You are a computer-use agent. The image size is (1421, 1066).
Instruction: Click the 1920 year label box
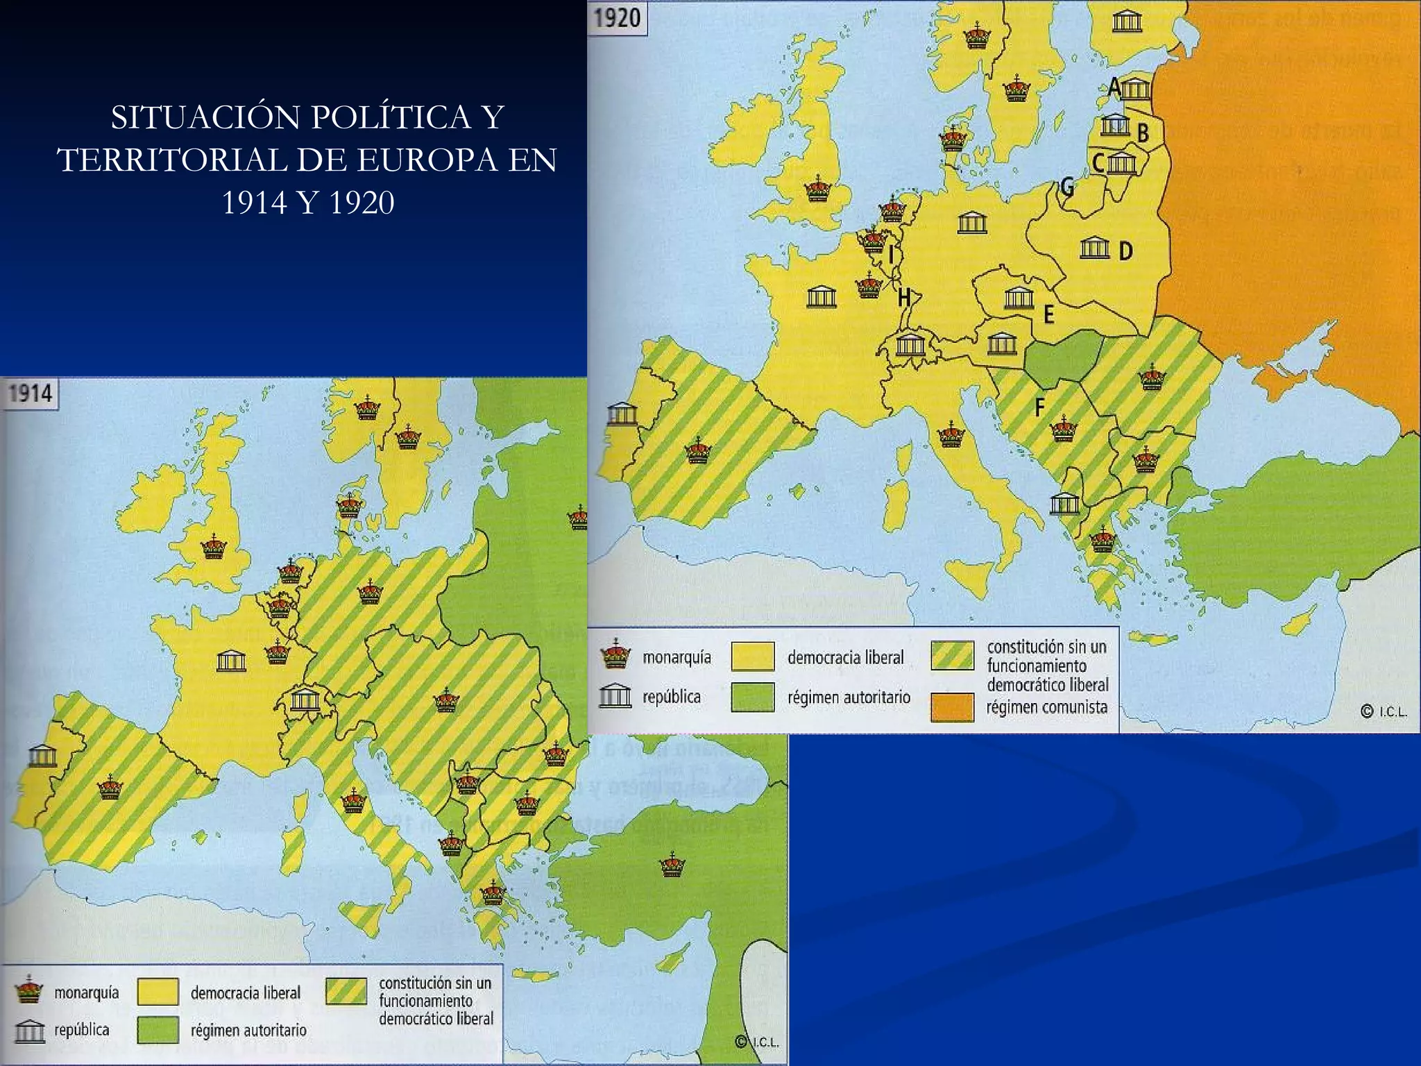coord(618,18)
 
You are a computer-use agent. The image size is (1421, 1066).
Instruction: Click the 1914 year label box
coord(31,394)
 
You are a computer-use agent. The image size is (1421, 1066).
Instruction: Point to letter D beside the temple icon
coord(1125,251)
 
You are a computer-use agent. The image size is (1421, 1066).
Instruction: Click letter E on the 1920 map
coord(1049,314)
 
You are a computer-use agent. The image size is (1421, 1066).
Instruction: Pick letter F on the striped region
coord(1039,407)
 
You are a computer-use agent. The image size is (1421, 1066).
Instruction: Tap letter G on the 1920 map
coord(1067,186)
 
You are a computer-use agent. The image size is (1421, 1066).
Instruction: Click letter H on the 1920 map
coord(903,298)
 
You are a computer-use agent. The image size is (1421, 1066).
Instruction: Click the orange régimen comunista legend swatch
coord(952,707)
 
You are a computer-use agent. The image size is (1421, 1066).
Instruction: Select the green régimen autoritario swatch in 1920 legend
coord(752,697)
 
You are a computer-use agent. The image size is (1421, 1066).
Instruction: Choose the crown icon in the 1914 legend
coord(28,989)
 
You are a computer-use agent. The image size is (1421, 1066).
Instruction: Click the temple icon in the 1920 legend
coord(615,695)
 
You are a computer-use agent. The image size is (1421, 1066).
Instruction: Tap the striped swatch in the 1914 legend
coord(346,992)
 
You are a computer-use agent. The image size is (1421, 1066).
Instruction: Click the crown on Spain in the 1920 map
coord(698,451)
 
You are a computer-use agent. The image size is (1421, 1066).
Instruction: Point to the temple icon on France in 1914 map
coord(231,661)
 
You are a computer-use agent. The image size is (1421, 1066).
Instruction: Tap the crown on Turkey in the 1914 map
coord(672,865)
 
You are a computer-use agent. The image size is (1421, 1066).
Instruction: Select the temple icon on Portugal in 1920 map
coord(622,414)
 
